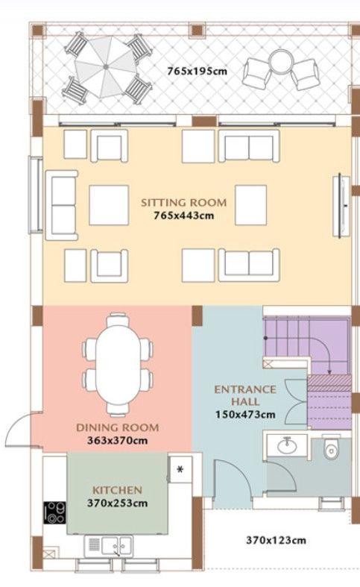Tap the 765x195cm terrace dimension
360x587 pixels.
click(x=198, y=72)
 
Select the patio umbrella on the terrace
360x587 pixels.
click(x=104, y=66)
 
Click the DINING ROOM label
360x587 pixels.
click(x=118, y=427)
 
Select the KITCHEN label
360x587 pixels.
click(x=117, y=490)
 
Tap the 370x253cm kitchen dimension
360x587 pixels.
click(x=117, y=502)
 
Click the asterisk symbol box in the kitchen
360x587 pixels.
click(x=180, y=470)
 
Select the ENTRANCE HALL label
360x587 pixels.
click(x=245, y=395)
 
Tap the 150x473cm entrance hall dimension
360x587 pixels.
click(x=245, y=414)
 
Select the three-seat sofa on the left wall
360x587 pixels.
click(x=63, y=204)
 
